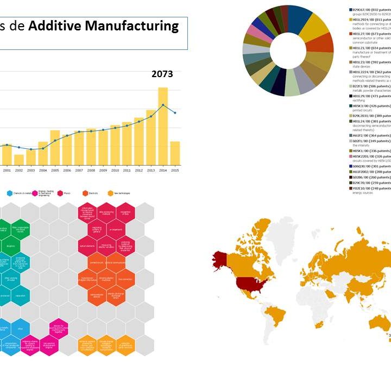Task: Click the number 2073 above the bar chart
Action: coord(162,74)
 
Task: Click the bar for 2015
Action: coord(175,153)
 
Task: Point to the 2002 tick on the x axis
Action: coord(19,171)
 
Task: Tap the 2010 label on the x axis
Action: coord(115,171)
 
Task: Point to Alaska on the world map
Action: coord(221,260)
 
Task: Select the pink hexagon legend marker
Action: coord(35,193)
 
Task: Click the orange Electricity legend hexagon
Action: coord(85,193)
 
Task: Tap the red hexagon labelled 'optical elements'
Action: coord(87,245)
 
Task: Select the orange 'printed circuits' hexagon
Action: coord(97,263)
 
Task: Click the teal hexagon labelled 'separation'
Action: coord(20,296)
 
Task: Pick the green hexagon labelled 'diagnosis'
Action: coord(10,245)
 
